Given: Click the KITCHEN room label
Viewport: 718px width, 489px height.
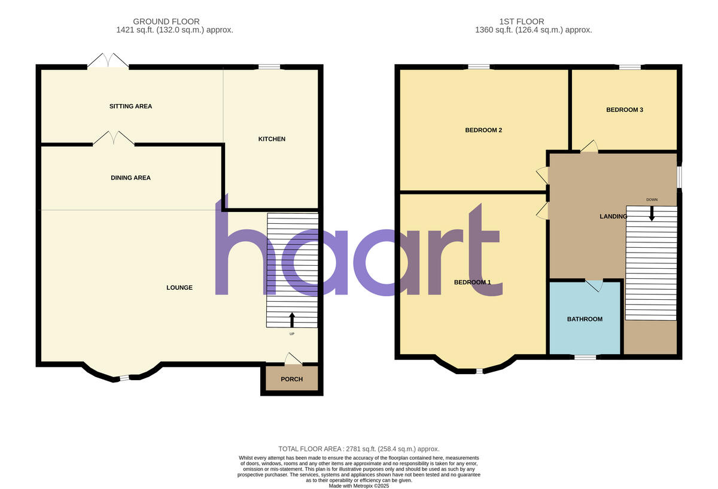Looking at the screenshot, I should [x=272, y=139].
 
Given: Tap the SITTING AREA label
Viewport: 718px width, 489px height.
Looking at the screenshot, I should [x=130, y=107].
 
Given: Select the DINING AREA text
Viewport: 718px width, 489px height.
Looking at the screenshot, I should [x=130, y=178].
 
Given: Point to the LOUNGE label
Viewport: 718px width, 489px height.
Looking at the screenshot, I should [x=180, y=288].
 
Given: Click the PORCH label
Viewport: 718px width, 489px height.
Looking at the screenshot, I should [x=292, y=379].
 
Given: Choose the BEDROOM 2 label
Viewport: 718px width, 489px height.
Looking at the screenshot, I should [x=483, y=130].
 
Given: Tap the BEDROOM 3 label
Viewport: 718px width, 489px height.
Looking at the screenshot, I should [x=625, y=110].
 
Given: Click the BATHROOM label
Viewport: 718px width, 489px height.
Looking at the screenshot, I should [x=585, y=320].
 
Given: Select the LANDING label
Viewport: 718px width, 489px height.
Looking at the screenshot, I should [x=613, y=217].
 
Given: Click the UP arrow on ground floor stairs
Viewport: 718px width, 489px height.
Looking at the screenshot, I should [x=292, y=319].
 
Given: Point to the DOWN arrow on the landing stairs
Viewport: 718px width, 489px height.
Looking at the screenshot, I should [x=652, y=213].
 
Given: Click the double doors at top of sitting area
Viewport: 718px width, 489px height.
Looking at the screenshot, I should [x=108, y=60].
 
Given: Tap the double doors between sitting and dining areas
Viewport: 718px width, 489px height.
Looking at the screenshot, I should [x=114, y=138].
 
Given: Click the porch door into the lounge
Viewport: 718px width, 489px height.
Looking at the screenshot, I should [x=293, y=359].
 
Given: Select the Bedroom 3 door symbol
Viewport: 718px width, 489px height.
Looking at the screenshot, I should [x=589, y=145].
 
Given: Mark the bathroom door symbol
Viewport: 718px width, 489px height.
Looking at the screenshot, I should [x=594, y=285].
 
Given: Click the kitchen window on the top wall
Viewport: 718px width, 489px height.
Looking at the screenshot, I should [x=269, y=66].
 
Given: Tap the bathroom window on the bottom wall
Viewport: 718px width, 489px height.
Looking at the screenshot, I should [x=585, y=357].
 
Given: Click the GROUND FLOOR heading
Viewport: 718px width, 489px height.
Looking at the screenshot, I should [x=166, y=22].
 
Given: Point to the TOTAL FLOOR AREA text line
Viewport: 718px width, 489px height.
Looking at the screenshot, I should [x=359, y=449].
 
